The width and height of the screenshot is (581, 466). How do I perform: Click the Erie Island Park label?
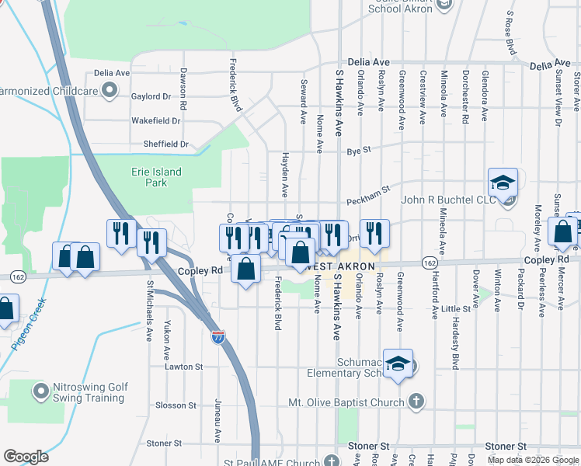pos(151,177)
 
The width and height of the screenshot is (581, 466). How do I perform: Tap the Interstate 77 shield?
pos(218,337)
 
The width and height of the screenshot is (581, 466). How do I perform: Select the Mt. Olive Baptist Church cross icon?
pos(416,402)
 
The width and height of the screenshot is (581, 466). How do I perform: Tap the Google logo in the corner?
pos(26,457)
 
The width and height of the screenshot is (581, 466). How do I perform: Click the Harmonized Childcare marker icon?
pos(110,91)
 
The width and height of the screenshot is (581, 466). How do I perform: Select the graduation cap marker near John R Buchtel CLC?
pos(503,183)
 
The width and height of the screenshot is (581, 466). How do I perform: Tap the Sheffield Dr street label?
pos(165,144)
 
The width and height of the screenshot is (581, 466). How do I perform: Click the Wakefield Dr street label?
pos(155,121)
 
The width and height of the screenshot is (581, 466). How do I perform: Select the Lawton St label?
pos(183,367)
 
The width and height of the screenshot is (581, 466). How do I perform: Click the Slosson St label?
pos(176,405)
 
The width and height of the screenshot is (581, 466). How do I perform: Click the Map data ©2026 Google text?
pos(532,460)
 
